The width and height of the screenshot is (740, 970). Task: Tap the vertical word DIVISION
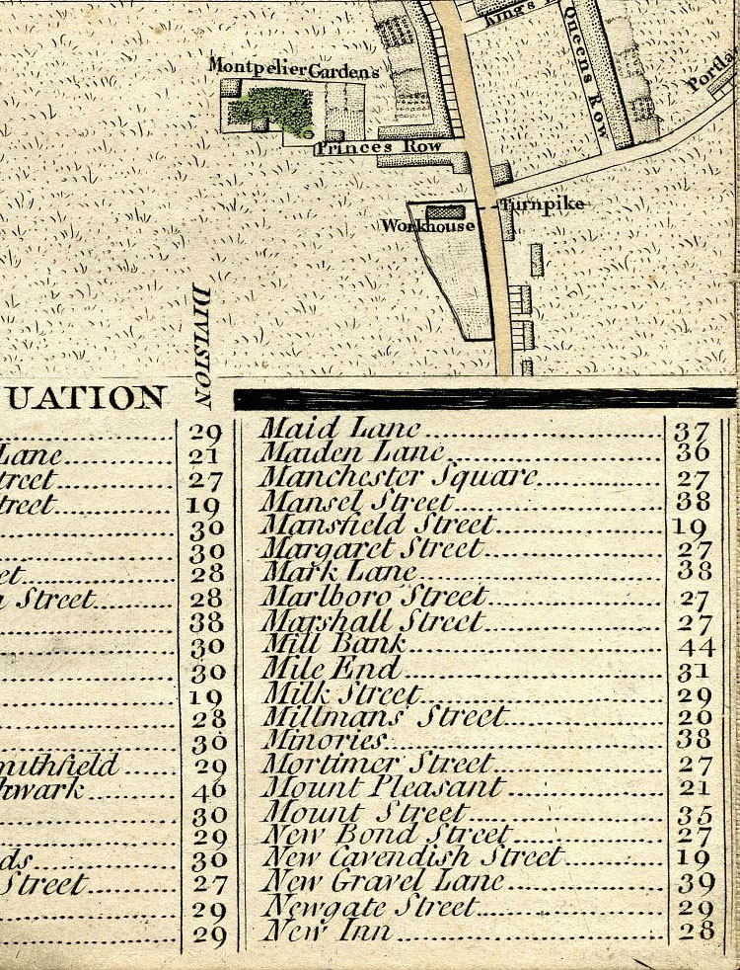click(x=203, y=347)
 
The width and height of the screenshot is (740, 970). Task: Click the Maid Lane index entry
click(x=340, y=429)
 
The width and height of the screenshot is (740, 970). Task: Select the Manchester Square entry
click(x=398, y=476)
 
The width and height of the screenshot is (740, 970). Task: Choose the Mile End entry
click(x=330, y=668)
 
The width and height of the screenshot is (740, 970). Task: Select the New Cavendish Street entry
click(x=410, y=856)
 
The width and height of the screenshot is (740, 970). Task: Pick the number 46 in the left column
click(x=211, y=789)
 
